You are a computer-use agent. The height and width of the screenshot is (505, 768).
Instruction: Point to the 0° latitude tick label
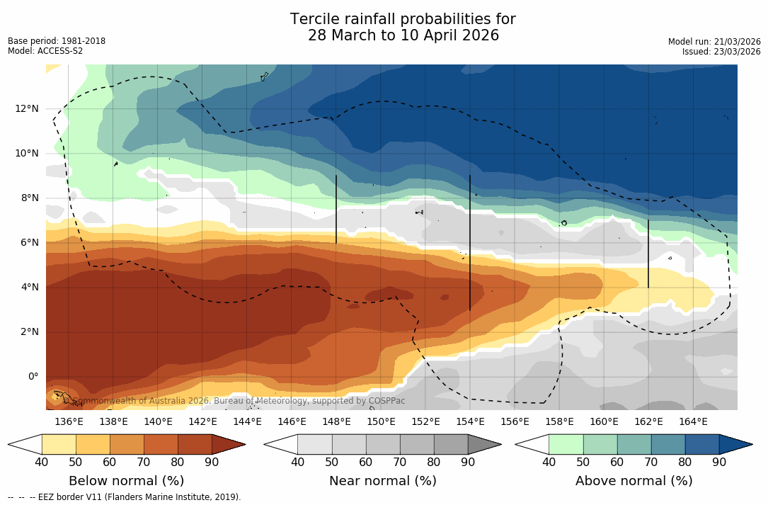pos(33,376)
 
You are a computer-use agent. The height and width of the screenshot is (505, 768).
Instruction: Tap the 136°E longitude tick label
pos(69,421)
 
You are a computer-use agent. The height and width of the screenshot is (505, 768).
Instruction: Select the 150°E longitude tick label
pos(381,421)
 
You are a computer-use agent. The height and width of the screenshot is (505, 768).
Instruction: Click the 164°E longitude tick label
pos(693,421)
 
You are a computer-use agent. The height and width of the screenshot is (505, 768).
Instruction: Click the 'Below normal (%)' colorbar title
pos(127,481)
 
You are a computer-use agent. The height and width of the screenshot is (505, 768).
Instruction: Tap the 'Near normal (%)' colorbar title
pos(382,481)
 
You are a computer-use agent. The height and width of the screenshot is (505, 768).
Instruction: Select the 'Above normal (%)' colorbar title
pos(634,481)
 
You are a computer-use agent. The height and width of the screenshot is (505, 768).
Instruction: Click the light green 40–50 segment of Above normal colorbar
pos(566,444)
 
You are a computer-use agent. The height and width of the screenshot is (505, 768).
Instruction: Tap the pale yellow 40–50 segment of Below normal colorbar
pos(59,444)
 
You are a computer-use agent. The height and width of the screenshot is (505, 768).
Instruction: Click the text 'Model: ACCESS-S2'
pos(45,51)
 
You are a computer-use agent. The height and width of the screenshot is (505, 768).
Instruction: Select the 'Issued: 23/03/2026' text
pos(721,52)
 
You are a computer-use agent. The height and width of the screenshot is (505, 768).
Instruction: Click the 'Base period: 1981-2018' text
pos(57,41)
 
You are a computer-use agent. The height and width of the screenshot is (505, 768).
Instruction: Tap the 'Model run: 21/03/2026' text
pos(714,42)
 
